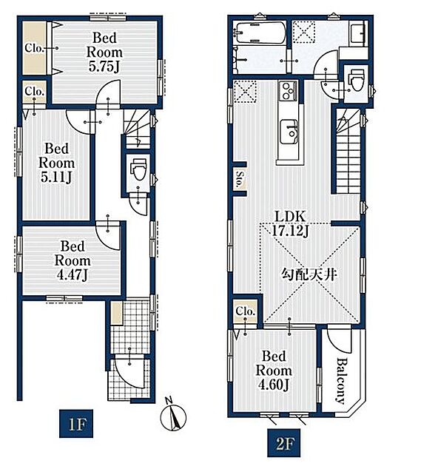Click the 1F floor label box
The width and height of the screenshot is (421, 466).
tap(76, 424)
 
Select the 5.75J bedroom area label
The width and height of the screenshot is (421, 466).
tap(104, 67)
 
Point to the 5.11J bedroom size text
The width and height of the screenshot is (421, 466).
tap(56, 178)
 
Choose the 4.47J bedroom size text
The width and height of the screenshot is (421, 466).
tap(73, 275)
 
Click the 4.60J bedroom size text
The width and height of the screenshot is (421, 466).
tap(274, 385)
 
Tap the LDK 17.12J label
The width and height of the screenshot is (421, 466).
tap(290, 223)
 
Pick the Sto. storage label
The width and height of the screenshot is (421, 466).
tap(239, 179)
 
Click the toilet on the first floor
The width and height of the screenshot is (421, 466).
tap(138, 169)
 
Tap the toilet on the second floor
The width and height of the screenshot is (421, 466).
tap(357, 81)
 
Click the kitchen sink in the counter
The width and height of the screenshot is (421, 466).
tap(289, 132)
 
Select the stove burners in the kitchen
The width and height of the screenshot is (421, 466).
tap(288, 91)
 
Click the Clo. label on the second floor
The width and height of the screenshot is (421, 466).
tap(246, 311)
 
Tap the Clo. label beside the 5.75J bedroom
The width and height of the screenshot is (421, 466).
tap(35, 48)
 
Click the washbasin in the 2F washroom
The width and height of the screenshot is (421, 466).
tap(358, 35)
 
